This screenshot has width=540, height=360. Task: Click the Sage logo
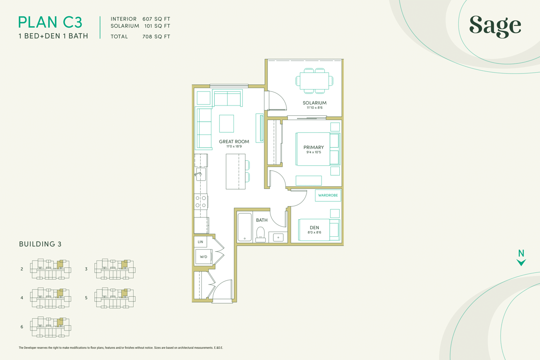[x=495, y=26]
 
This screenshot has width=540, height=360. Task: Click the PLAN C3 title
[x=50, y=22]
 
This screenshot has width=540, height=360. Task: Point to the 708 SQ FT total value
[x=157, y=37]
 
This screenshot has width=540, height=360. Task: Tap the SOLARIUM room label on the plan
[x=315, y=103]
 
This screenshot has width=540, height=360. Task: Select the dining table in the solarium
[x=315, y=81]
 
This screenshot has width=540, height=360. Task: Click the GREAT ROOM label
[x=234, y=142]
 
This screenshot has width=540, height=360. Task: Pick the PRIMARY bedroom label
[x=314, y=147]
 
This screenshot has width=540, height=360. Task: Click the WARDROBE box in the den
[x=328, y=195]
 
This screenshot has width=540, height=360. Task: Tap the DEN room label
[x=315, y=227]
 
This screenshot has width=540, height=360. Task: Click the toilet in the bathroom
[x=260, y=234]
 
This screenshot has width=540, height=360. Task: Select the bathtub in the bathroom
[x=245, y=227]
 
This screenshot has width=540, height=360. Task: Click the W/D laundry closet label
[x=203, y=257]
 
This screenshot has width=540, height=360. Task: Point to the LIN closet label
[x=201, y=242]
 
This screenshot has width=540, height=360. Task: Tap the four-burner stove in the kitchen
[x=201, y=202]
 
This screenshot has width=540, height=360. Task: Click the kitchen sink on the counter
[x=200, y=174]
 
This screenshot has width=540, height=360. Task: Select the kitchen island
[x=236, y=171]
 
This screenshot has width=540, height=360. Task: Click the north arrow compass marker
[x=521, y=258]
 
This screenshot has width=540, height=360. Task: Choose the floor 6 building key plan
[x=51, y=327]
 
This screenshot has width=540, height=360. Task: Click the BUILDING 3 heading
[x=40, y=244]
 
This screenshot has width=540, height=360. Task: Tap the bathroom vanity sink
[x=278, y=237]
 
